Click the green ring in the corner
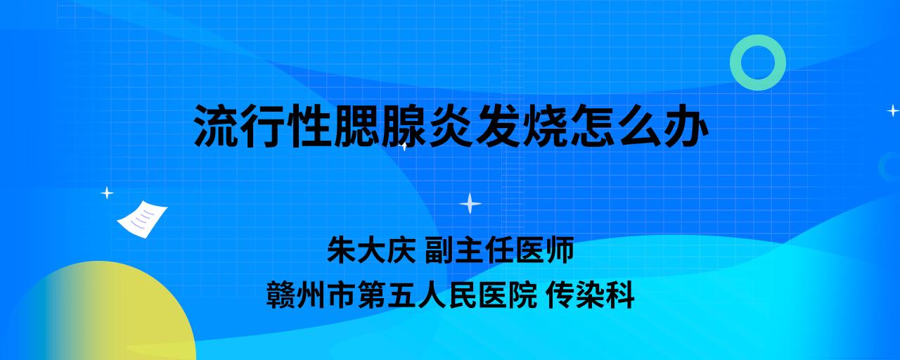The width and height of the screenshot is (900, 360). [757, 43]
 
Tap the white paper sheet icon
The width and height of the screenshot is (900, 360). [142, 219]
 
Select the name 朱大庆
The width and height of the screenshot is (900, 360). [371, 250]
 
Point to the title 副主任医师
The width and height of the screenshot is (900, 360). [499, 250]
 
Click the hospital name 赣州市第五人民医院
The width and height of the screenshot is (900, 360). [401, 295]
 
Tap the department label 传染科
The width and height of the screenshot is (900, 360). [590, 295]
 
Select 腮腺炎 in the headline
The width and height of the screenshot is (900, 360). [403, 125]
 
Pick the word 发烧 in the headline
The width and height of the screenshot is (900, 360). [521, 125]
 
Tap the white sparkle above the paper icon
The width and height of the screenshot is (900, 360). [107, 193]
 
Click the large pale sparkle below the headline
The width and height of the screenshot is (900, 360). [470, 204]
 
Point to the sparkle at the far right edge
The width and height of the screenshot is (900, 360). [893, 110]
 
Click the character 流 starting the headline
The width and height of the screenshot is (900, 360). [216, 125]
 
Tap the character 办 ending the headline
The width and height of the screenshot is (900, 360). [686, 125]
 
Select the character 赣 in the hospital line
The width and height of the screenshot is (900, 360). [281, 295]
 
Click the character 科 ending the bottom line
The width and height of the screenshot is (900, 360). [620, 295]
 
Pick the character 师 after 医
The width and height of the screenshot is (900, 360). [560, 250]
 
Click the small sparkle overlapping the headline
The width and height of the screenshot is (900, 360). [404, 146]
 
